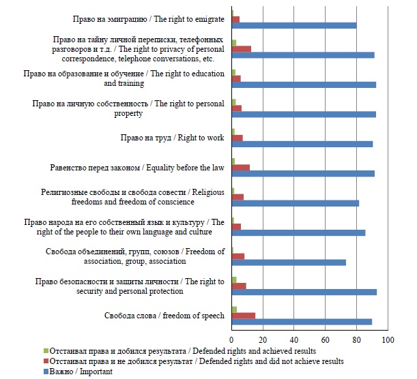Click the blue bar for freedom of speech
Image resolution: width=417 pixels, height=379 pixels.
click(302, 322)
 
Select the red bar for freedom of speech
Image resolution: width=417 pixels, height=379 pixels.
click(244, 315)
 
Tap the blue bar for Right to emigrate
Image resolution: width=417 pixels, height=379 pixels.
click(294, 26)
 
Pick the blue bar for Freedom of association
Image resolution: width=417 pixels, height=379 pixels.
click(289, 262)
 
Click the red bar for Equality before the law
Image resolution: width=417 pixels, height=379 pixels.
click(241, 167)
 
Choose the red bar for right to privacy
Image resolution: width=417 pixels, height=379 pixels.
click(242, 48)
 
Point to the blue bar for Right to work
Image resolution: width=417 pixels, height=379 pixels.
click(302, 144)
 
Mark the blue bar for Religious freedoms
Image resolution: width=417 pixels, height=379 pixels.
click(296, 203)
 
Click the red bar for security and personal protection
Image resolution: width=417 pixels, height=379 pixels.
click(239, 286)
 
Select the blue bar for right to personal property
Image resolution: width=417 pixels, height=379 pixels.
click(304, 115)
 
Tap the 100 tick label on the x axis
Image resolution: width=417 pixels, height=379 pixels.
click(388, 339)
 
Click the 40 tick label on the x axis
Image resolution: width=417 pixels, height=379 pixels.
click(294, 339)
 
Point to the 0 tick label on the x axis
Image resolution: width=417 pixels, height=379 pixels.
click(232, 339)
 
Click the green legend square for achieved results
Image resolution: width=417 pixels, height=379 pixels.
click(45, 352)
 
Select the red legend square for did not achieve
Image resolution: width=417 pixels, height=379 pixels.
click(45, 361)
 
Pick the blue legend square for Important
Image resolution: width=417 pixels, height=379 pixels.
click(45, 372)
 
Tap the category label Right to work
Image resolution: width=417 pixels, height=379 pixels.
click(172, 138)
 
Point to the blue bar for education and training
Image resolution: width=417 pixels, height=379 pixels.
click(304, 85)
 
